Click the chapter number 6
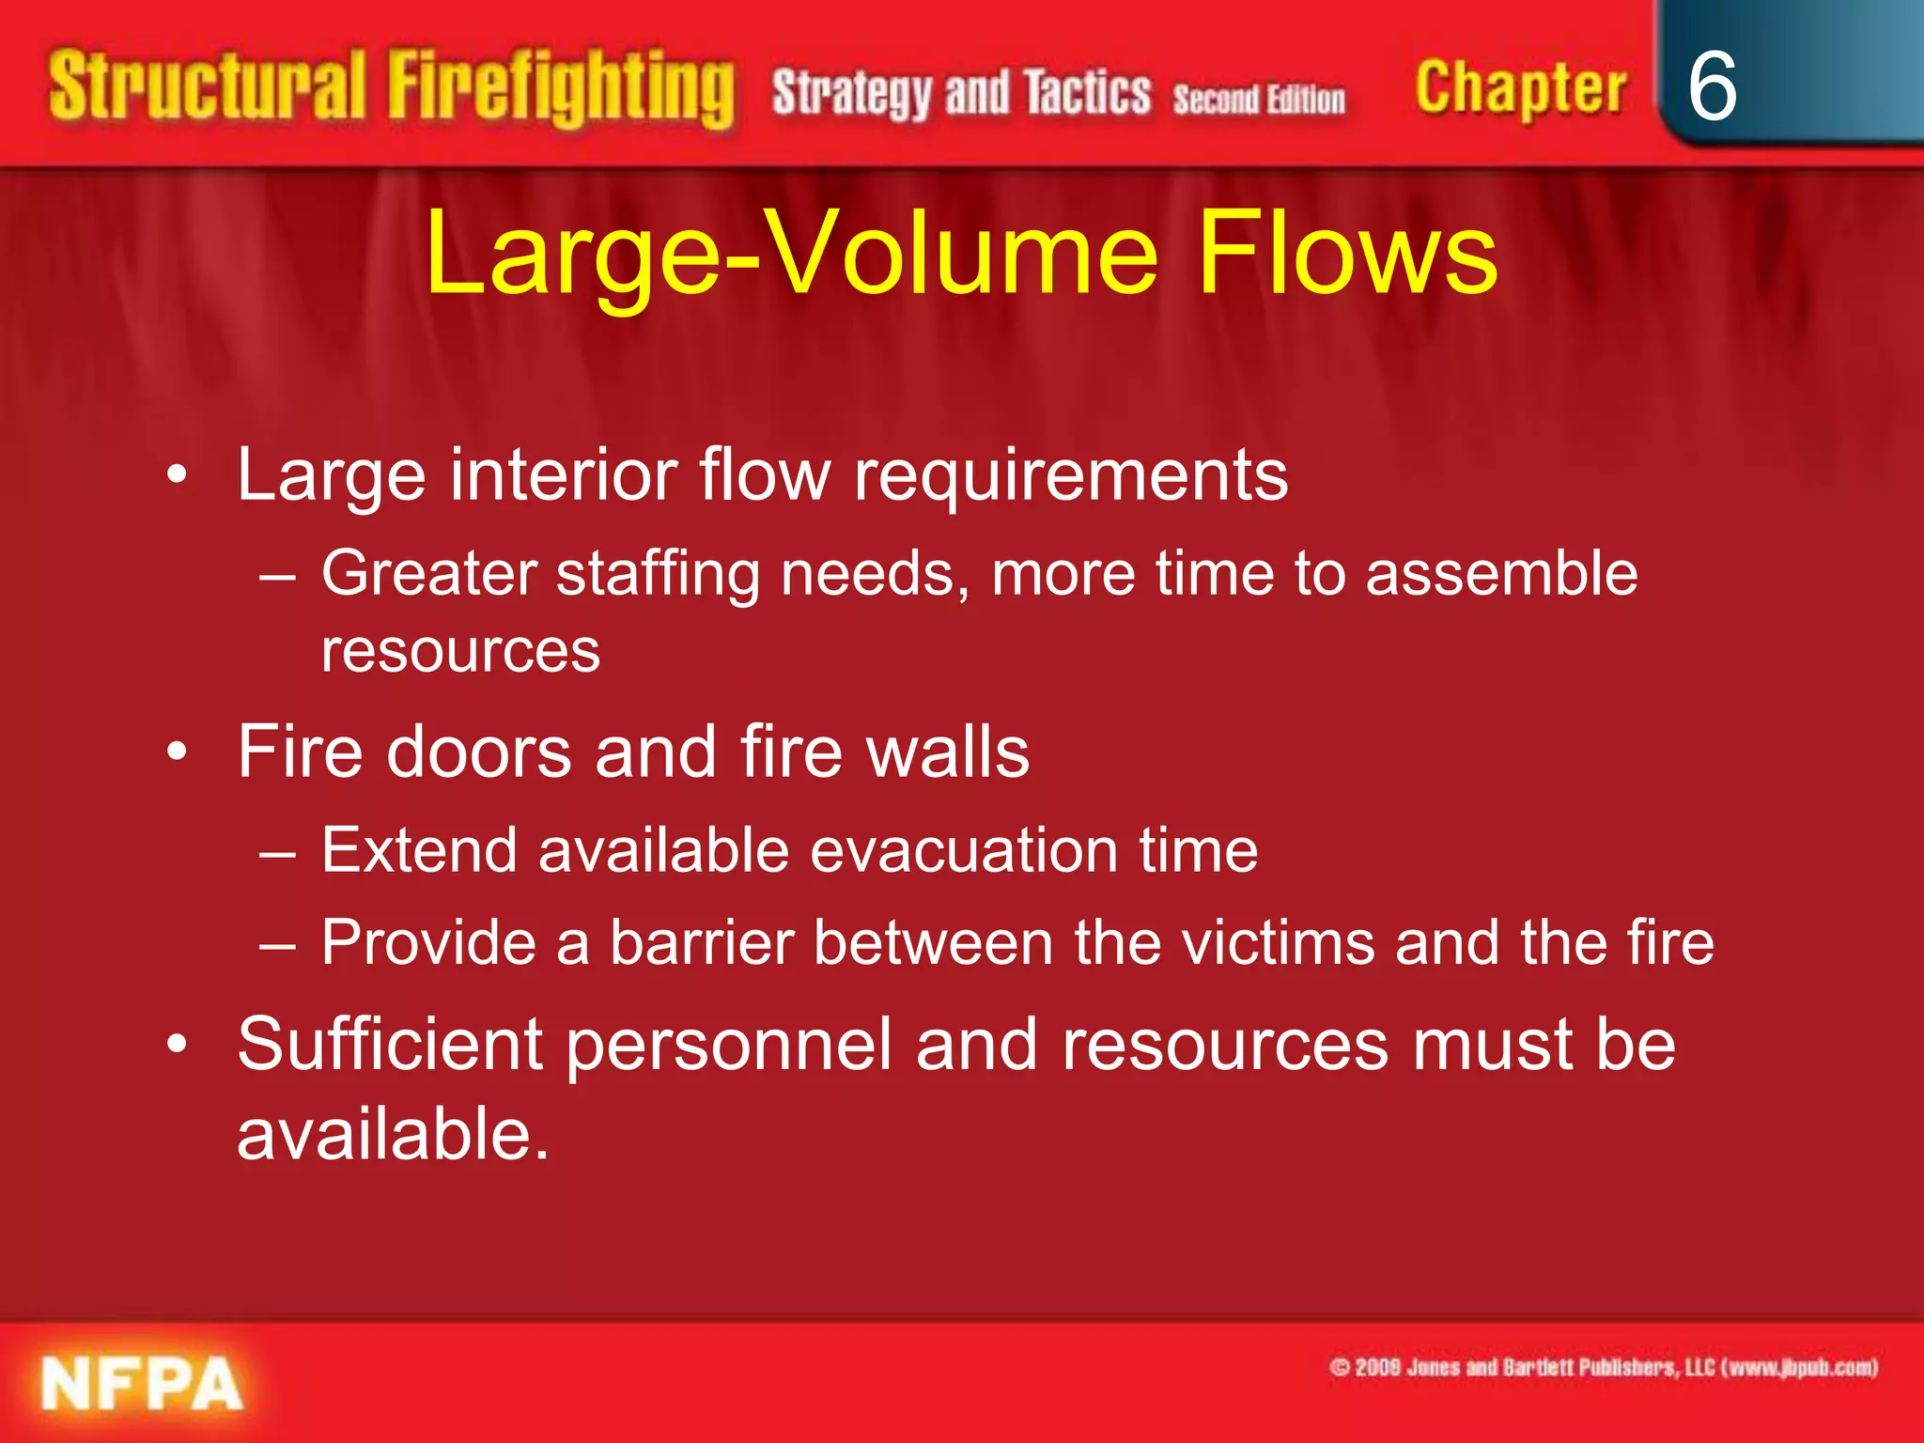(x=1712, y=86)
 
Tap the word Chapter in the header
(x=1520, y=89)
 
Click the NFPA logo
(x=142, y=1383)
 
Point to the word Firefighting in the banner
(x=561, y=88)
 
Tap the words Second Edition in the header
(x=1259, y=99)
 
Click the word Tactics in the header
(x=1087, y=93)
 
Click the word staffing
(x=658, y=575)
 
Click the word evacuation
(x=964, y=850)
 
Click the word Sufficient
(x=390, y=1045)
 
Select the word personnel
(x=729, y=1047)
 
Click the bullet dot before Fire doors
(x=177, y=753)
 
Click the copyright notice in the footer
(x=1603, y=1367)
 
